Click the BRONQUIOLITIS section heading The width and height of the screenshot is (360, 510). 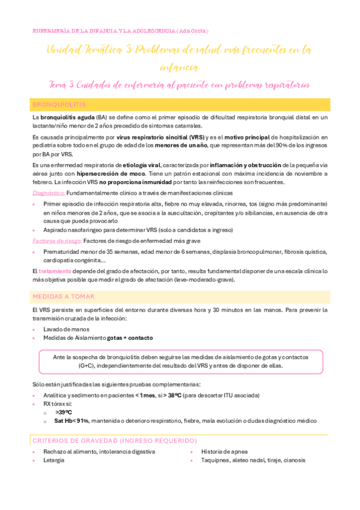(x=59, y=105)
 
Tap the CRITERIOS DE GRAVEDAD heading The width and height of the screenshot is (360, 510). (x=115, y=440)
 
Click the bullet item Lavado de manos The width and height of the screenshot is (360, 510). (x=67, y=329)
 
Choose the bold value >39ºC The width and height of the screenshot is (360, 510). (x=63, y=413)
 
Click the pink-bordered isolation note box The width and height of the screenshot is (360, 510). (x=180, y=361)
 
